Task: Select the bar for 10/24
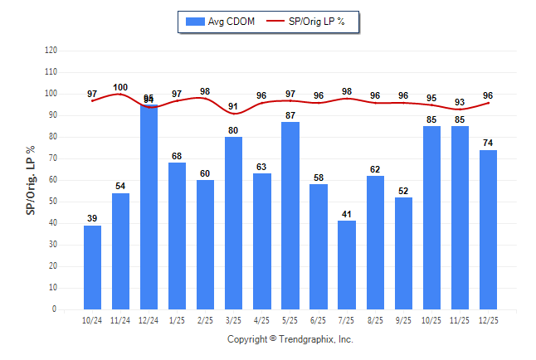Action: pos(92,267)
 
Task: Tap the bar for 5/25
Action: pos(290,216)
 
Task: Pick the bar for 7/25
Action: pos(346,265)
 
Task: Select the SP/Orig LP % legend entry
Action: pos(312,22)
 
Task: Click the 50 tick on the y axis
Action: pos(52,202)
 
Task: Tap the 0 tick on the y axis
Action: pos(55,309)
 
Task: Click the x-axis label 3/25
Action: pos(233,320)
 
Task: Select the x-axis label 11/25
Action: pos(460,320)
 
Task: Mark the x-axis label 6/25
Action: pos(318,320)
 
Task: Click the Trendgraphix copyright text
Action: pos(290,339)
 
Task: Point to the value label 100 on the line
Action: pos(120,87)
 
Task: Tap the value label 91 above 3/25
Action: pos(233,106)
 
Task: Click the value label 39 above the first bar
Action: pos(92,218)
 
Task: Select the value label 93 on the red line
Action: pos(460,102)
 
